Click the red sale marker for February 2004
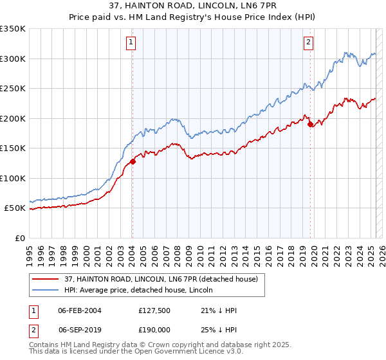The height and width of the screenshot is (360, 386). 133,162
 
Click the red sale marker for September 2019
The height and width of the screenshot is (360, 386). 310,124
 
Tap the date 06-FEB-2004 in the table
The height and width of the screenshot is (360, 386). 79,310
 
